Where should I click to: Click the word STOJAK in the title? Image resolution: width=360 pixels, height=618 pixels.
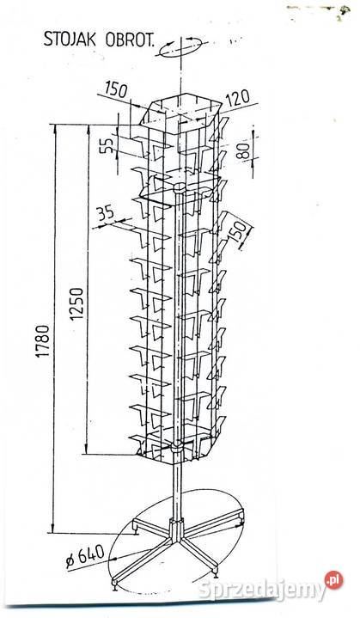(x=70, y=40)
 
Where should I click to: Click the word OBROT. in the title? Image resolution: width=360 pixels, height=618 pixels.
(x=130, y=40)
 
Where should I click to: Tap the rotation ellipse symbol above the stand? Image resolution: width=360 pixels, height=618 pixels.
(x=180, y=47)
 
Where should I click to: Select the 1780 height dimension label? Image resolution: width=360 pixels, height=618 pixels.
(x=43, y=341)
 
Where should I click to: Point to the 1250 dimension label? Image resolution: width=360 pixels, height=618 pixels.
(x=77, y=304)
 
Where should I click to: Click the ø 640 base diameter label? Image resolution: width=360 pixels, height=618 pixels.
(x=85, y=556)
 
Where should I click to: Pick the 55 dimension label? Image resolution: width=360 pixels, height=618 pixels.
(x=110, y=144)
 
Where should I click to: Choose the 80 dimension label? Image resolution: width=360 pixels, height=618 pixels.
(x=244, y=150)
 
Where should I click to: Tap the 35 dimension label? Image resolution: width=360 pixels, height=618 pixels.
(x=106, y=214)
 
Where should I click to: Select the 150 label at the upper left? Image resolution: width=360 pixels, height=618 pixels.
(x=117, y=90)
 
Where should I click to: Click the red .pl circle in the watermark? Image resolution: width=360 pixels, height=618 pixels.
(x=333, y=580)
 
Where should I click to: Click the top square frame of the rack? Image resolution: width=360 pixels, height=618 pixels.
(x=180, y=108)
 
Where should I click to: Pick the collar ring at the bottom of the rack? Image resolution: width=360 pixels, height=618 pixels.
(x=177, y=448)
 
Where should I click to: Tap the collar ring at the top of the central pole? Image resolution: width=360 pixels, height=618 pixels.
(x=180, y=187)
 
